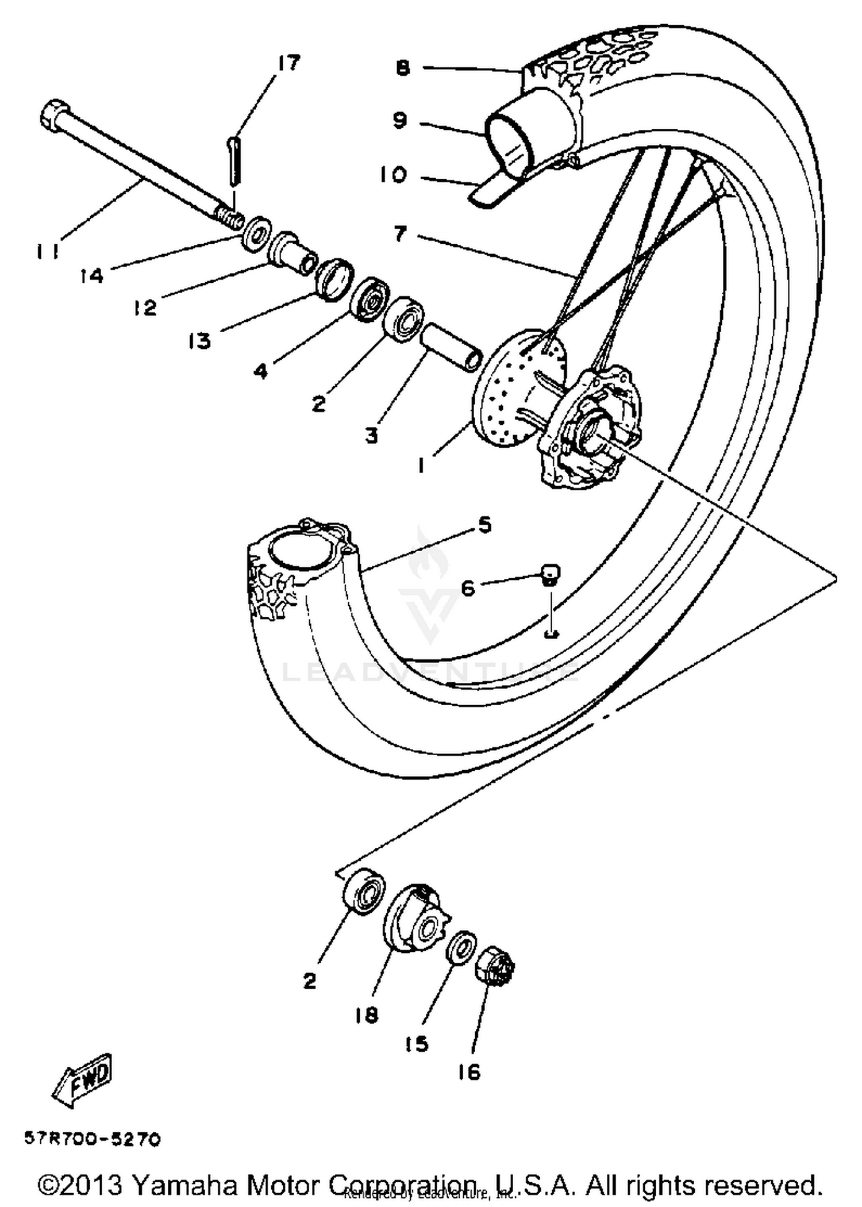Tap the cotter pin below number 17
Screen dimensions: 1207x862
click(x=233, y=160)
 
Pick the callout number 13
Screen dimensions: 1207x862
click(x=199, y=341)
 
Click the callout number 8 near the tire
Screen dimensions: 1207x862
click(x=403, y=68)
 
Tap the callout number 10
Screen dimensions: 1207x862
click(x=392, y=175)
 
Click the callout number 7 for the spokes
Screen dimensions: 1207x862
click(x=401, y=233)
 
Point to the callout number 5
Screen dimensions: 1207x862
click(x=484, y=525)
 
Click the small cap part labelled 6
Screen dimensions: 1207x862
click(x=550, y=573)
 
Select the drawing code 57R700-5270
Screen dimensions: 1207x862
click(x=92, y=1139)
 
